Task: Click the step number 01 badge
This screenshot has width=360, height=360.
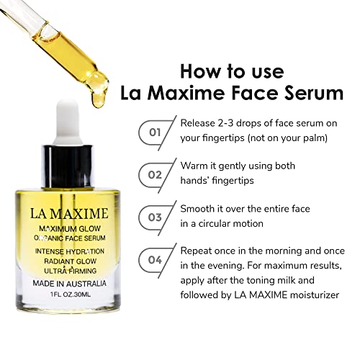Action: point(155,132)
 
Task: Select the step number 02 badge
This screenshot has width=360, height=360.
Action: point(155,175)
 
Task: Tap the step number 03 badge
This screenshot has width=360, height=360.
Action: point(155,217)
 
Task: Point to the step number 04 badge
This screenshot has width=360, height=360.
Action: point(155,260)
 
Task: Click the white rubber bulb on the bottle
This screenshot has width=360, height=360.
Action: point(68,122)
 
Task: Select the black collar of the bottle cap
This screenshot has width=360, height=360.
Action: point(67,166)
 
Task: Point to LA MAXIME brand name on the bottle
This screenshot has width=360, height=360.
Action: point(69,214)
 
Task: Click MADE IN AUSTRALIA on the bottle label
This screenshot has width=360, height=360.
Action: point(69,284)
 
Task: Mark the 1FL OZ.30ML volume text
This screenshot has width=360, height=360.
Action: point(71,294)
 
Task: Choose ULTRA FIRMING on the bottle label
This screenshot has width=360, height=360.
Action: point(71,271)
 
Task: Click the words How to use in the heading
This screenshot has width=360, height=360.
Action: point(232,71)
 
